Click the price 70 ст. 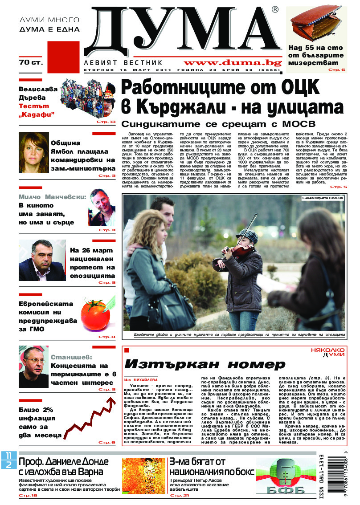pos(31,63)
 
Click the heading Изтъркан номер pos(205,364)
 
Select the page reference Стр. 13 pos(106,122)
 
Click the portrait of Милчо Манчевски pos(102,208)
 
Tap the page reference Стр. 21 pos(180,495)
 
